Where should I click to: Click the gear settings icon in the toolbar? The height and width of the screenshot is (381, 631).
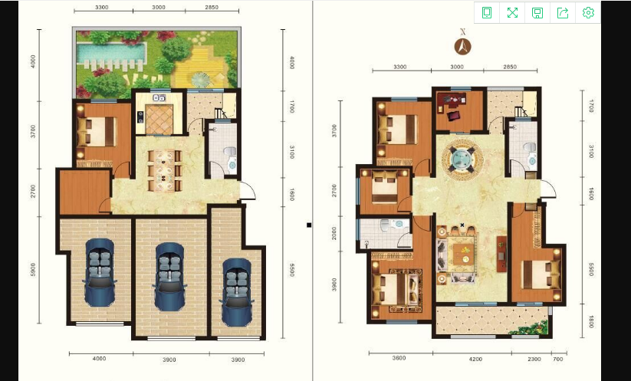pyautogui.click(x=588, y=12)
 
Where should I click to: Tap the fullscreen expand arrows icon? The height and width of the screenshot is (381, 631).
pyautogui.click(x=512, y=12)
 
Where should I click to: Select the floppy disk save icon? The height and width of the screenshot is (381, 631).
pyautogui.click(x=537, y=12)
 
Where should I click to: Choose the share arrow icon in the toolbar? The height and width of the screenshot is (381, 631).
pyautogui.click(x=563, y=12)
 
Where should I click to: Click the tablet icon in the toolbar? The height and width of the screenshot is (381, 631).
pyautogui.click(x=487, y=12)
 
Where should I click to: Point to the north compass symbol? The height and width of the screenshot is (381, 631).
pyautogui.click(x=463, y=45)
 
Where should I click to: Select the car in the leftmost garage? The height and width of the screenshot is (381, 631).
pyautogui.click(x=99, y=272)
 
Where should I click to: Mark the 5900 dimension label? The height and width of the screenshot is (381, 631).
pyautogui.click(x=33, y=270)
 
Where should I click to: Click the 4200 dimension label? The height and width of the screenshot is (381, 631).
pyautogui.click(x=475, y=359)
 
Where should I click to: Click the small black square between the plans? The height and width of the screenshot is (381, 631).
pyautogui.click(x=309, y=225)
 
